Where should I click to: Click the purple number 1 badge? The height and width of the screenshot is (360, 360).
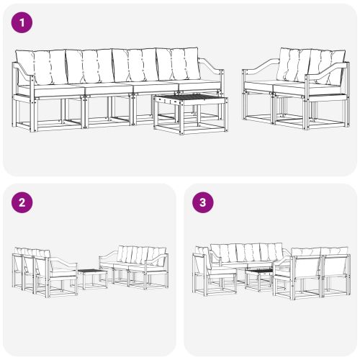click(x=23, y=23)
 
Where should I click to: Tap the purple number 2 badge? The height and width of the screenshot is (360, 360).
click(x=23, y=202)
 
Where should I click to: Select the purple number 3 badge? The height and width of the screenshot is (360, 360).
click(x=203, y=202)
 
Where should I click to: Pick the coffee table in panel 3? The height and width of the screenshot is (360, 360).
click(x=258, y=272)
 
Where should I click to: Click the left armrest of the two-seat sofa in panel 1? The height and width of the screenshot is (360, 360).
click(x=256, y=73)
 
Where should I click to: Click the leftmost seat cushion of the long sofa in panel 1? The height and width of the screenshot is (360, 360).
click(x=48, y=89)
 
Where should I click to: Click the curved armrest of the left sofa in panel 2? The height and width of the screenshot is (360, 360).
click(x=63, y=264)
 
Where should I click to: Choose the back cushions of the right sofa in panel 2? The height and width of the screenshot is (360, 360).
click(x=140, y=255)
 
